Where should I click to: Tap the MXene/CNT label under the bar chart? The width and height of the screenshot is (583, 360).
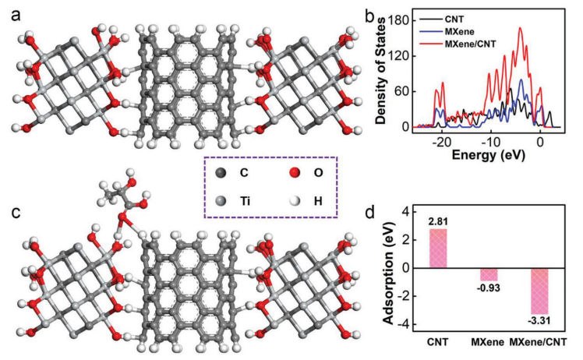point(538,341)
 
